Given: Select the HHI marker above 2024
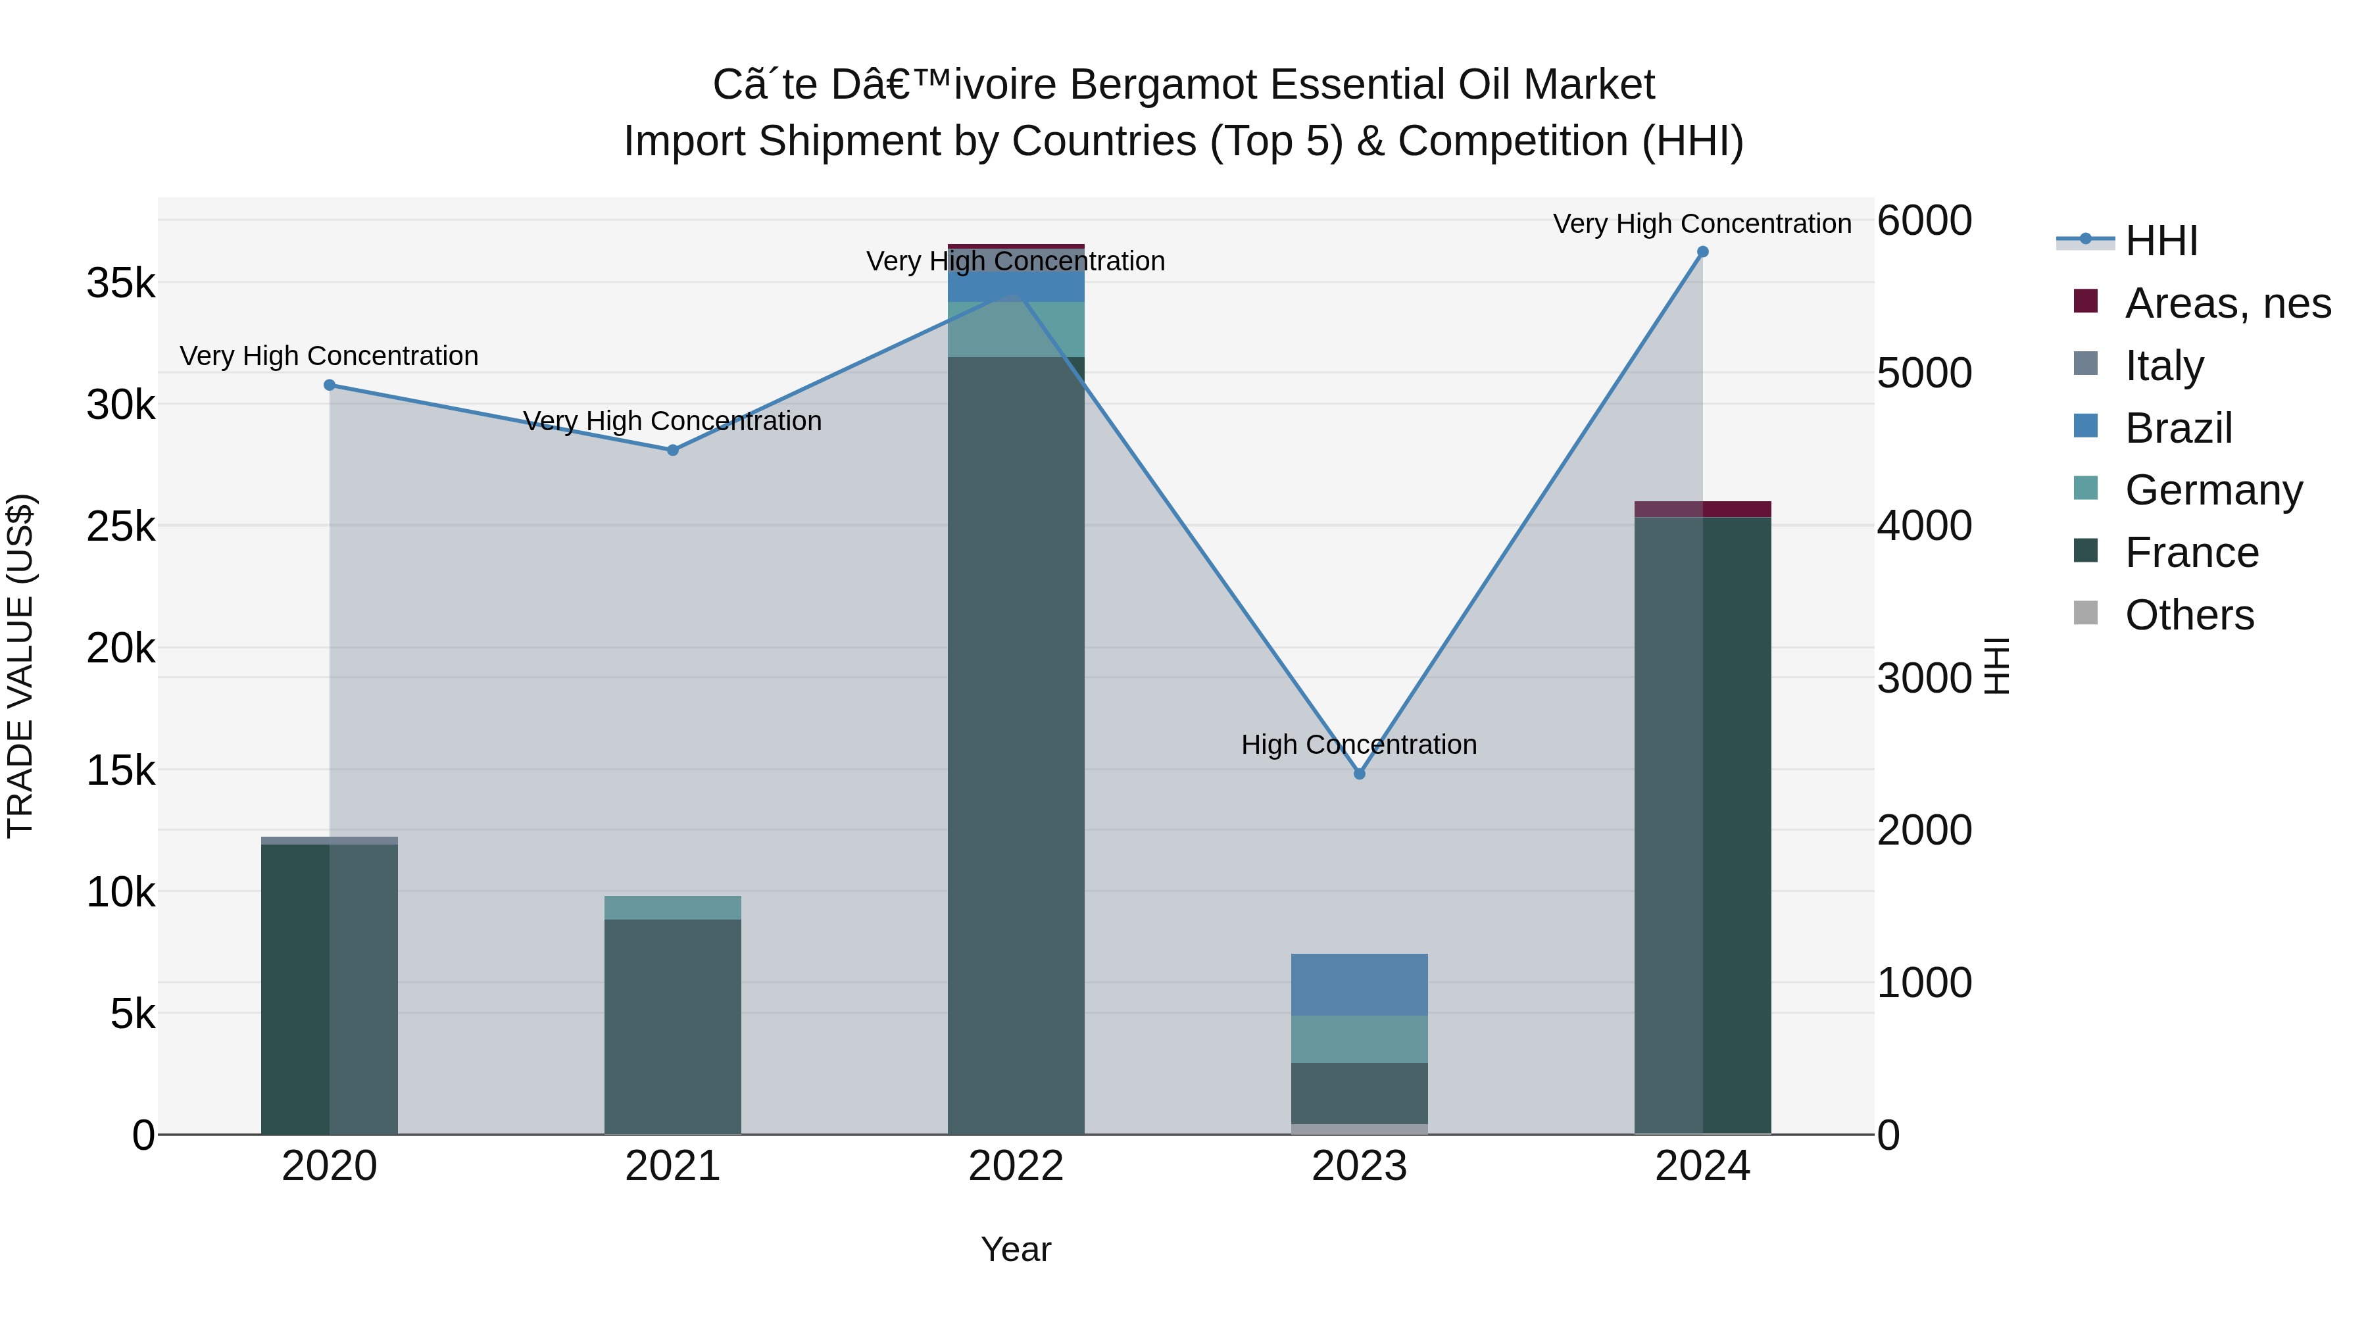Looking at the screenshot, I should point(1702,252).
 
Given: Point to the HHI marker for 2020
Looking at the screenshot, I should point(329,385).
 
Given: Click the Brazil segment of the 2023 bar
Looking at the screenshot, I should point(1360,985).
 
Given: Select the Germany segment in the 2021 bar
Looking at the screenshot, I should point(673,907).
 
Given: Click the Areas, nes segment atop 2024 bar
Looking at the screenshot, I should point(1702,509).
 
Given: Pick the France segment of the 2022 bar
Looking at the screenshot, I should point(1016,745).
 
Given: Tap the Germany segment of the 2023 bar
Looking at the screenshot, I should point(1360,1040).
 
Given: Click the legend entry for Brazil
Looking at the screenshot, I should point(2179,428).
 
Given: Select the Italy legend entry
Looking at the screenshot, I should point(2164,366).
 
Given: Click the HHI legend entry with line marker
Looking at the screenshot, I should point(2160,241).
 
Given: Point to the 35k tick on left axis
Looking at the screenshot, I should point(120,283).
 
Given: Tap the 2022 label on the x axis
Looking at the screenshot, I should point(1016,1166).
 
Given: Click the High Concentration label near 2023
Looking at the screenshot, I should point(1359,745).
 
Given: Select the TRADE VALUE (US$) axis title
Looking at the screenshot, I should point(20,666).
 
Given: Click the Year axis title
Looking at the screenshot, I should point(1016,1249).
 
